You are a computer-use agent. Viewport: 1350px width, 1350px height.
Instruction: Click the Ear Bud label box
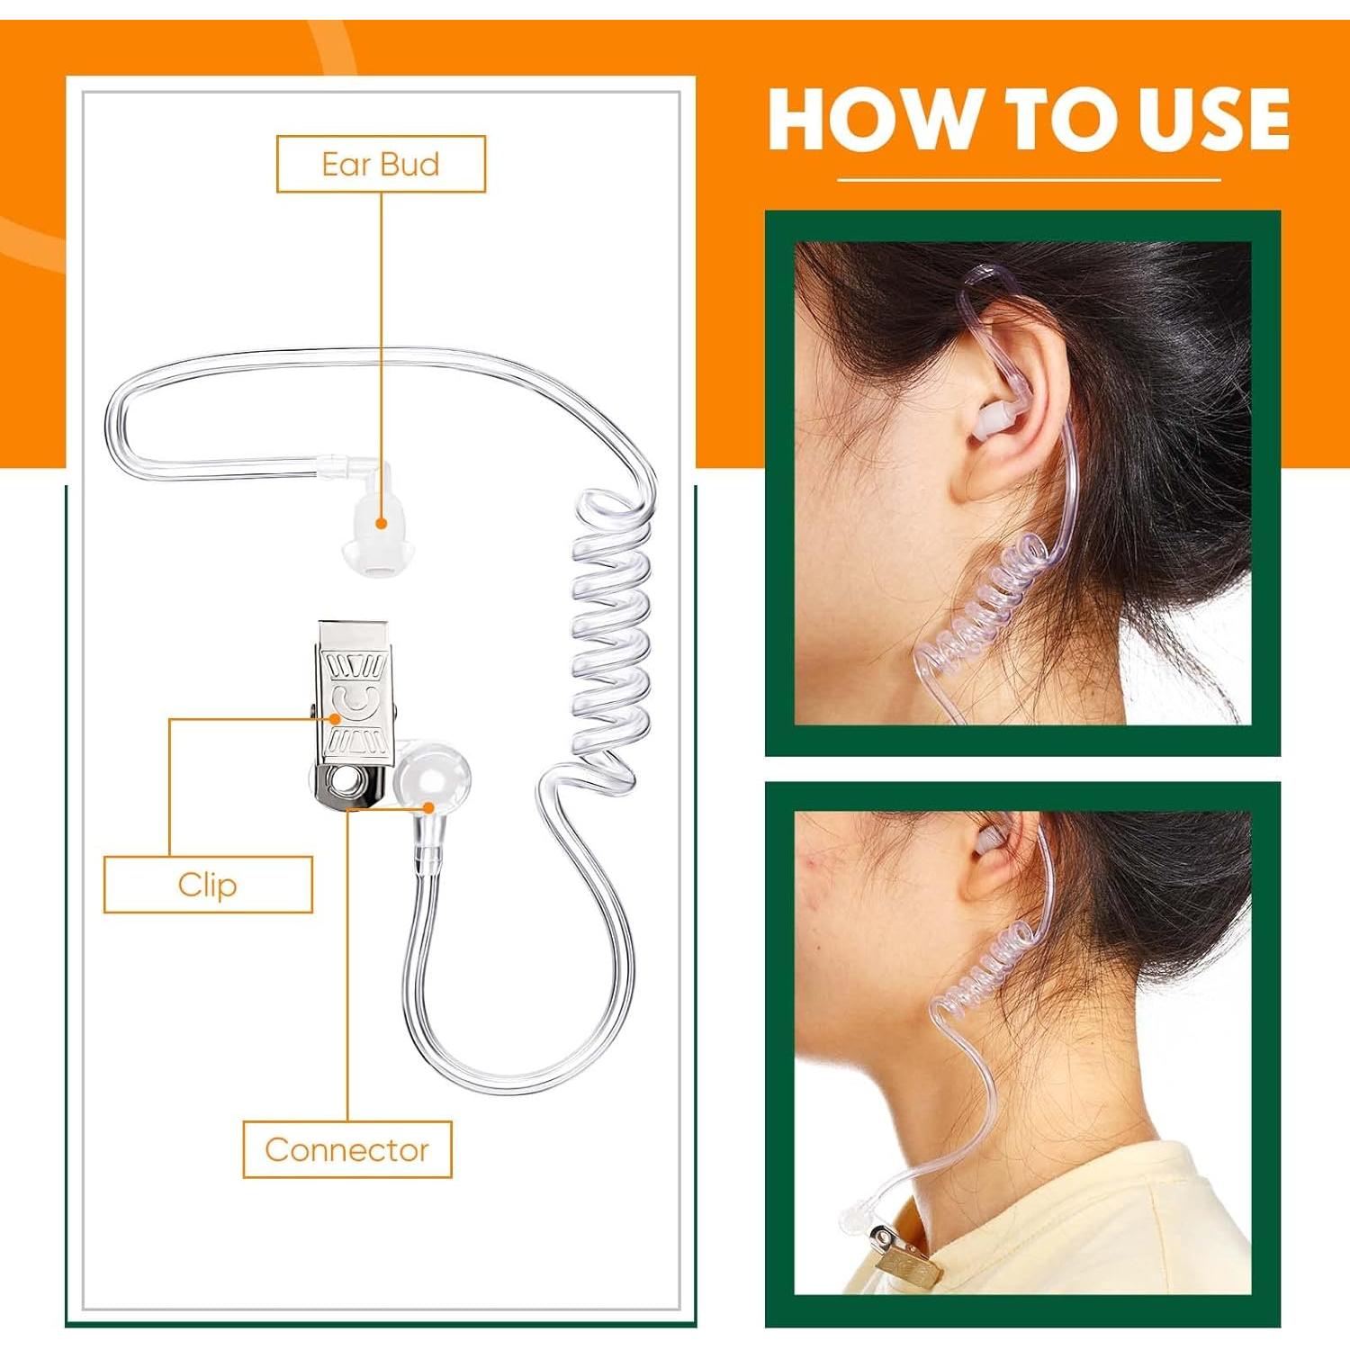pos(381,164)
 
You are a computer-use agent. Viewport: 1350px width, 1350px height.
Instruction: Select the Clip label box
pos(208,885)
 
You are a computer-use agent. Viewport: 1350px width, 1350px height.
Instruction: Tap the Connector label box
pos(347,1149)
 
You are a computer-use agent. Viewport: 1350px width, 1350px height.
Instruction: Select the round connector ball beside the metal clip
pos(433,776)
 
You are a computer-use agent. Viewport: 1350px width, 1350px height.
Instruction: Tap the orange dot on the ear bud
pos(382,522)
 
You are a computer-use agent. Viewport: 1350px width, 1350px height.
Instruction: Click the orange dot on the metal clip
pos(334,718)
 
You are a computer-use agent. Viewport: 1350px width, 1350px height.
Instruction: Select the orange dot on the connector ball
pos(429,807)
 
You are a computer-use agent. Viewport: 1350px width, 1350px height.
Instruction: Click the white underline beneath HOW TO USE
pos(1029,180)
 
